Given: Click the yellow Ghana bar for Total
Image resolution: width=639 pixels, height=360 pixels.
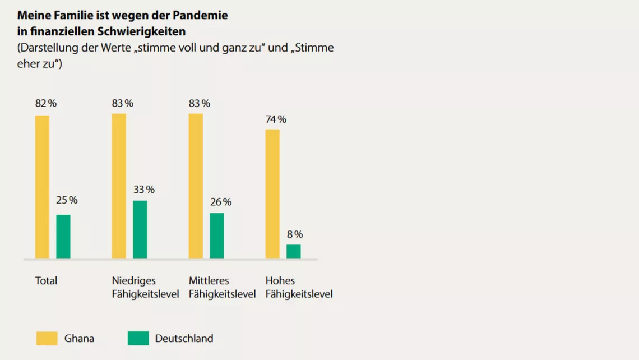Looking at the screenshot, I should coord(42,187).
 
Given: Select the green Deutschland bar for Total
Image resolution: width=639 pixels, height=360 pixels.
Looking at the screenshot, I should coord(63,236).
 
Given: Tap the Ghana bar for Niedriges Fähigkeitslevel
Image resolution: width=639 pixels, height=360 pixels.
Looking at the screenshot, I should coord(119,186).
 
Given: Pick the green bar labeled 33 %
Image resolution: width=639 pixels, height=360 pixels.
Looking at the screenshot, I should coord(140,229).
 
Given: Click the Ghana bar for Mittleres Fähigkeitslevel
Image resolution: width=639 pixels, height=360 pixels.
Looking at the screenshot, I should coord(196,186).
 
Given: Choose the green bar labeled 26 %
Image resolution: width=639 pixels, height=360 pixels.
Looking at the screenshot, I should coord(217,236).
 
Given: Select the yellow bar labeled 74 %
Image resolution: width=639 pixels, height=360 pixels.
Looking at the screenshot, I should coord(272,193).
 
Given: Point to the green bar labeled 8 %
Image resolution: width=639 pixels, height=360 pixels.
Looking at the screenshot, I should coord(294,251).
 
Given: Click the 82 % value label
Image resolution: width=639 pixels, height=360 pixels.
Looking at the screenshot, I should coord(46,104).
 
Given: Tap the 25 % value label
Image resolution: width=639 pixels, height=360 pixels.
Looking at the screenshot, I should coord(67,200).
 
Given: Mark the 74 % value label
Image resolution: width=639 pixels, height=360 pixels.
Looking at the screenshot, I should coord(276,119).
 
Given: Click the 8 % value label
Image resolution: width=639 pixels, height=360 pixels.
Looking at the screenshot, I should coord(295,234).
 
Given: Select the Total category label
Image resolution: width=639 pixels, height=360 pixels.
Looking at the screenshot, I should coord(46,281).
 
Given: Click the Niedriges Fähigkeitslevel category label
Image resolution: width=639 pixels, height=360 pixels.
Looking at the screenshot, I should coord(145,287).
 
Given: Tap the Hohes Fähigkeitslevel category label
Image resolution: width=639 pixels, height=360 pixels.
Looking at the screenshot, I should coord(299,287).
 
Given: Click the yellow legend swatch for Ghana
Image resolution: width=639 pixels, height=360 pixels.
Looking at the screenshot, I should coord(47,338).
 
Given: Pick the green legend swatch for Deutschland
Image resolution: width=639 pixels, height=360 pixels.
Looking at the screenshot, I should coord(138,338).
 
